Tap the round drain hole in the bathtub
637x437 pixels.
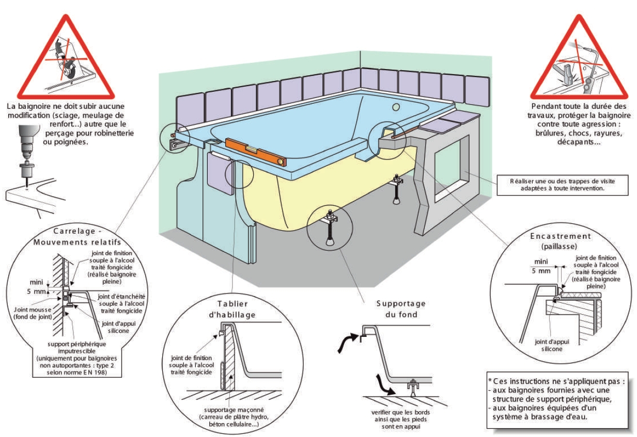(397, 107)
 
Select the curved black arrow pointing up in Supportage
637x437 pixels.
(345, 343)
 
